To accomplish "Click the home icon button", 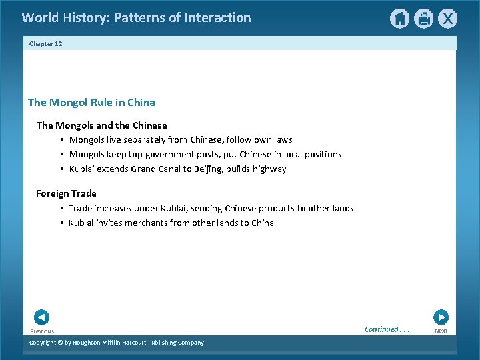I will point(399,19).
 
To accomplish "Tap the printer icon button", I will point(423,19).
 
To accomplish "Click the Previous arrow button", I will point(41,317).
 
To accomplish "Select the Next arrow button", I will point(441,317).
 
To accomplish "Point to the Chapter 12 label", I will point(46,43).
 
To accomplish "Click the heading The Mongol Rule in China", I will point(91,103).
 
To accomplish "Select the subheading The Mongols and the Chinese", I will point(101,125).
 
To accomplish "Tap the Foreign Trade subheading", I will point(66,193).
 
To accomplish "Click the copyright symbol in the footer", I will point(59,343).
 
